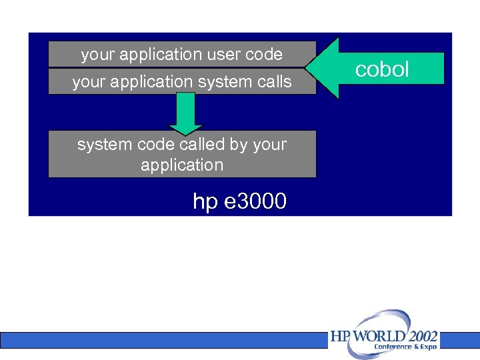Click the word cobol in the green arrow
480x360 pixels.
[382, 69]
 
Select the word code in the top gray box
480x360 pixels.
[264, 54]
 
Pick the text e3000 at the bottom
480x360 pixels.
[256, 201]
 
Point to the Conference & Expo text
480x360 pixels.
[405, 347]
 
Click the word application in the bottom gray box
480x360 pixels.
[182, 164]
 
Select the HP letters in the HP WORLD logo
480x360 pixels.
[340, 336]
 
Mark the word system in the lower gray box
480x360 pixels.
[101, 144]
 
